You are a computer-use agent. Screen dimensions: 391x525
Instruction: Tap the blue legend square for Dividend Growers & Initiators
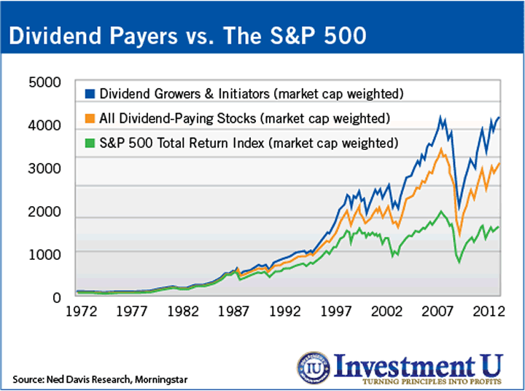point(91,94)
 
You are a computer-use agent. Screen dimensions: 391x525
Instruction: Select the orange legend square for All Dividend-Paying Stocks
point(91,118)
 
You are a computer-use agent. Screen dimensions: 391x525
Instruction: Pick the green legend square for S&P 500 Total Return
point(91,142)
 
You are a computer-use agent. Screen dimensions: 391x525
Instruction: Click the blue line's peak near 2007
point(440,116)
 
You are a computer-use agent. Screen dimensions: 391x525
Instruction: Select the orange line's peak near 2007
point(440,149)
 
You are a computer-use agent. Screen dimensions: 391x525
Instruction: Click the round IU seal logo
point(314,368)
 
